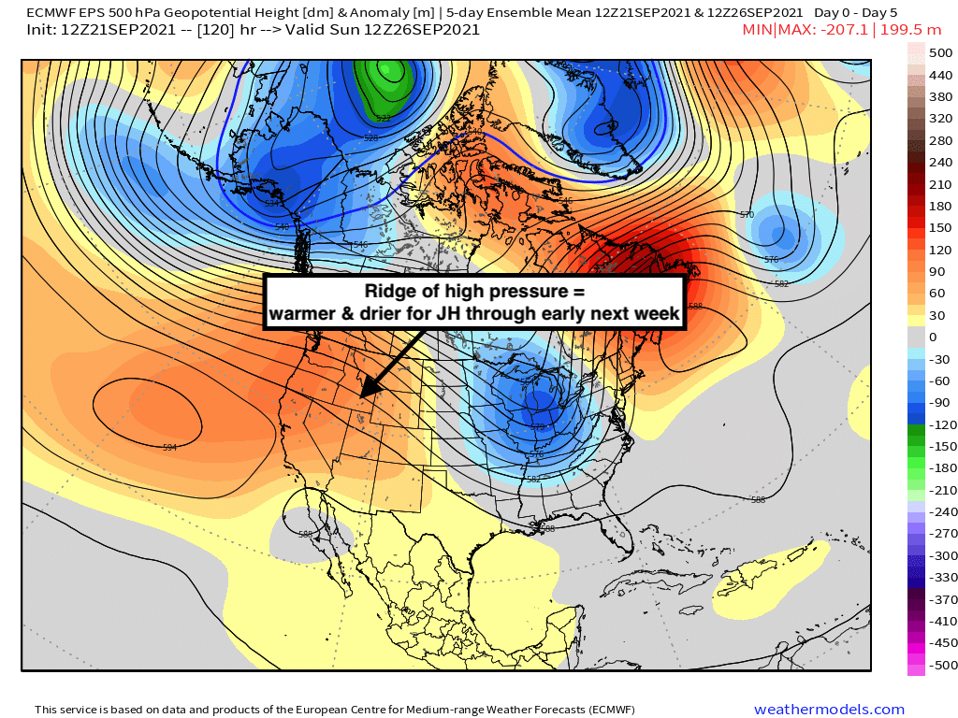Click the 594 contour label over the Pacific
point(169,448)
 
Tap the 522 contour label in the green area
point(383,118)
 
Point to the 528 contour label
point(371,137)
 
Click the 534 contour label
point(272,203)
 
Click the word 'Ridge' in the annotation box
point(386,290)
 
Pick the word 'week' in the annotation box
point(660,314)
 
